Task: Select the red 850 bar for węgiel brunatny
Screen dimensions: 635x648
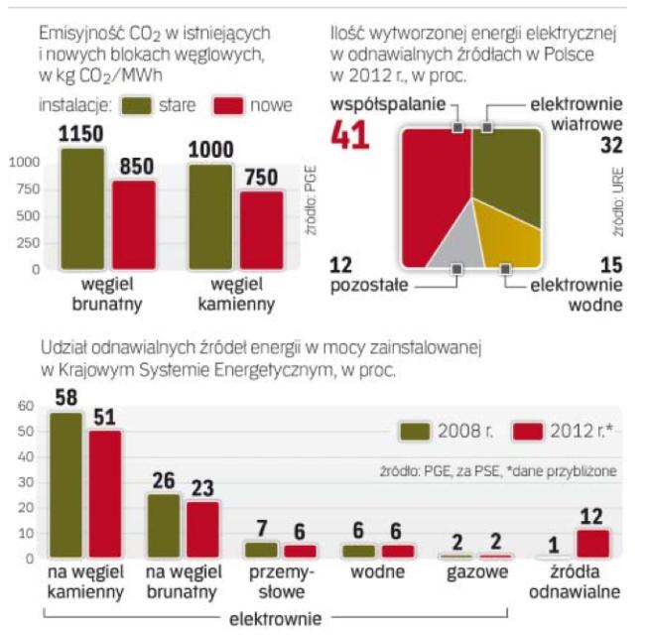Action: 134,224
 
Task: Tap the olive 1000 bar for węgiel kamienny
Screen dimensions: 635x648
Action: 209,216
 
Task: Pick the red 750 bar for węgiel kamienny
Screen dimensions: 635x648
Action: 261,229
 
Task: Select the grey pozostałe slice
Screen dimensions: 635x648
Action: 454,250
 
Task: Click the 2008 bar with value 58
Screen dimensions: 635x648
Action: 67,486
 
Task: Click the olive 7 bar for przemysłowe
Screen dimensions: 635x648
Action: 262,550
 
